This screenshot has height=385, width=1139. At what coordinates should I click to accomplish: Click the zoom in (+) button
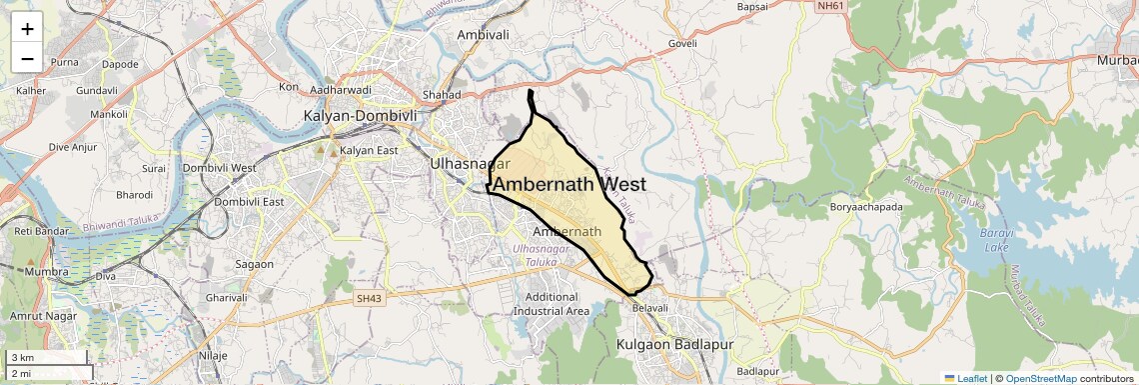28,28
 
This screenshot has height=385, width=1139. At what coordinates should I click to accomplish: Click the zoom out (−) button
28,58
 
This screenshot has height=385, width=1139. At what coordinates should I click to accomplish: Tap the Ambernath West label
570,185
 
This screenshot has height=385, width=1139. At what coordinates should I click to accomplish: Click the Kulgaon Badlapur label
675,345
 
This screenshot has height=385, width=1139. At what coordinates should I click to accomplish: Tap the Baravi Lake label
997,241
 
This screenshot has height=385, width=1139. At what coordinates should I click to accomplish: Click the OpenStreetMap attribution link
1040,378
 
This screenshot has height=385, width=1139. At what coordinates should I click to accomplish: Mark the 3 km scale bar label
22,358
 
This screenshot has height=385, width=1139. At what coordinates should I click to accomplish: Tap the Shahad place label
442,95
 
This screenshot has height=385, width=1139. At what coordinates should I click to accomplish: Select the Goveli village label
682,44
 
